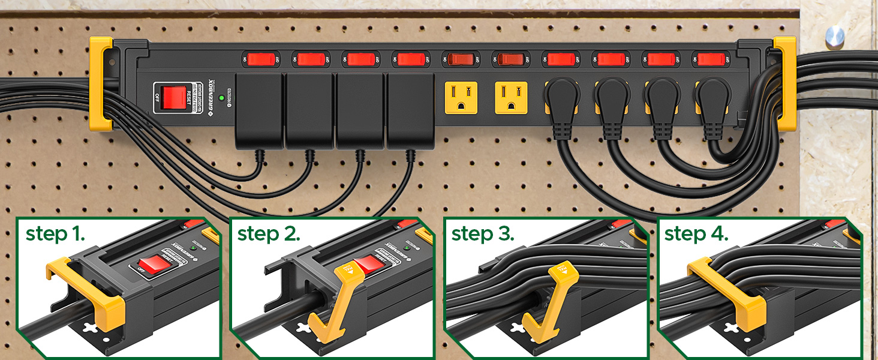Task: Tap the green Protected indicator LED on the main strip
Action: click(x=222, y=97)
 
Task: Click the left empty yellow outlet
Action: click(x=460, y=97)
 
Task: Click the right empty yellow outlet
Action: click(x=511, y=97)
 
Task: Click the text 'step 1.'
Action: click(x=55, y=234)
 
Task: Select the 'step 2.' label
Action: click(x=268, y=234)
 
